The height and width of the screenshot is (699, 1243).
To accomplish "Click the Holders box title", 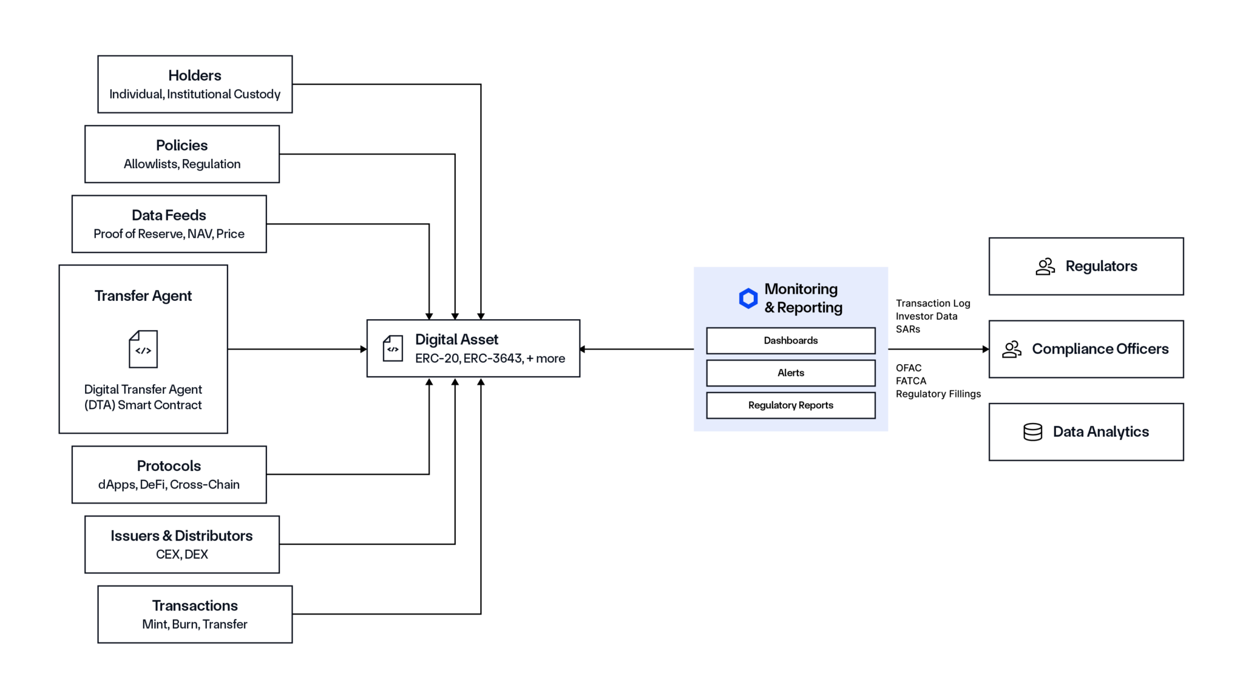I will (194, 75).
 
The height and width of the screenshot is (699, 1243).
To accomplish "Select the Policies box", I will (181, 154).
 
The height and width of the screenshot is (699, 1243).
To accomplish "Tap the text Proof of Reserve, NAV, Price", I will (169, 234).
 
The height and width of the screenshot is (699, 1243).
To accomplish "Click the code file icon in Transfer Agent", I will (143, 349).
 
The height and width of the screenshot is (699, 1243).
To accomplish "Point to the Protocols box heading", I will (169, 466).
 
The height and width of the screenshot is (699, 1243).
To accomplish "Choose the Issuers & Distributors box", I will (181, 544).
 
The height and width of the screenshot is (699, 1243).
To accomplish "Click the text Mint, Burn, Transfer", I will (194, 624).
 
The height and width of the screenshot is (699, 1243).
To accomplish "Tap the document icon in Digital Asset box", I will (393, 349).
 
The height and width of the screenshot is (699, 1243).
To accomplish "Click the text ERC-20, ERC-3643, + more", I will (490, 359).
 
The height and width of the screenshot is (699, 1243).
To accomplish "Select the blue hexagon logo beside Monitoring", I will (748, 298).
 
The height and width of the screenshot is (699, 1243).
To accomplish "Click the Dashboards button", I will (790, 340).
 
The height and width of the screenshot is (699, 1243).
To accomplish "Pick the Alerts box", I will (790, 373).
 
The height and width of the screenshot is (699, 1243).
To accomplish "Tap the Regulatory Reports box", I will (790, 405).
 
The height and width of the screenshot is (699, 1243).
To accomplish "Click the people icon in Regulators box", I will (1045, 266).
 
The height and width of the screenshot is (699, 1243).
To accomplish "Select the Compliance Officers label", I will (1100, 349).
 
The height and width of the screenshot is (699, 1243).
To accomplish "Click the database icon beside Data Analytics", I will (1032, 432).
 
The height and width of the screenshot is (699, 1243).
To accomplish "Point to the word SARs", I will (907, 329).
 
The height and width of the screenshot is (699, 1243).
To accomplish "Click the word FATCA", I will (910, 381).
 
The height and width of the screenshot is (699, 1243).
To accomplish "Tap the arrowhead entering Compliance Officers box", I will (985, 349).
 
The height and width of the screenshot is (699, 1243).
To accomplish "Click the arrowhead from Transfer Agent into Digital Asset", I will (363, 349).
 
